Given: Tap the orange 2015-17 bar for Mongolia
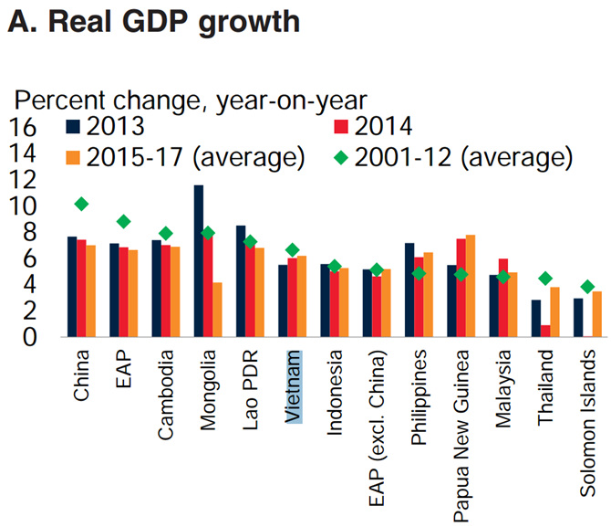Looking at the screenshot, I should pyautogui.click(x=217, y=310).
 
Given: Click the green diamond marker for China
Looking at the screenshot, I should pyautogui.click(x=81, y=204).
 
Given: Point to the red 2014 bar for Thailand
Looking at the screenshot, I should pyautogui.click(x=544, y=331).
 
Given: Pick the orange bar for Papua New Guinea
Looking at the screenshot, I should pyautogui.click(x=471, y=286).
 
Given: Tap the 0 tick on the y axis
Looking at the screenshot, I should pyautogui.click(x=27, y=337).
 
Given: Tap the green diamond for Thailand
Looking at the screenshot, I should pyautogui.click(x=544, y=279).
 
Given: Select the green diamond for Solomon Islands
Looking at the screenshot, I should pyautogui.click(x=587, y=287).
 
